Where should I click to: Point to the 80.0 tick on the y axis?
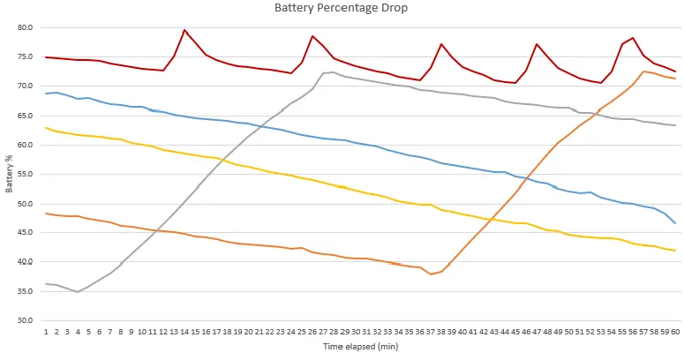(x=25, y=27)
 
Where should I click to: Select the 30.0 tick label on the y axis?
(x=25, y=320)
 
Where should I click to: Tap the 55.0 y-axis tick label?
(x=25, y=174)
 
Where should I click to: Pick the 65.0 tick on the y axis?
(x=25, y=116)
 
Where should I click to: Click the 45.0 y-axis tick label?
(x=25, y=233)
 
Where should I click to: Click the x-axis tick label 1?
(x=46, y=332)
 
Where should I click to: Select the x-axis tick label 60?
(x=675, y=332)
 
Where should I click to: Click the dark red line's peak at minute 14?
(x=184, y=30)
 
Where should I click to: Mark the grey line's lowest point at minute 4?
(x=78, y=291)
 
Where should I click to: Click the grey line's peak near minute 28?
(x=333, y=72)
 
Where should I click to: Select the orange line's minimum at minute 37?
(x=430, y=274)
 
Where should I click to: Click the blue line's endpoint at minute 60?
(x=675, y=222)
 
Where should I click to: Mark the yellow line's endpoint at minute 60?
(x=675, y=251)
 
